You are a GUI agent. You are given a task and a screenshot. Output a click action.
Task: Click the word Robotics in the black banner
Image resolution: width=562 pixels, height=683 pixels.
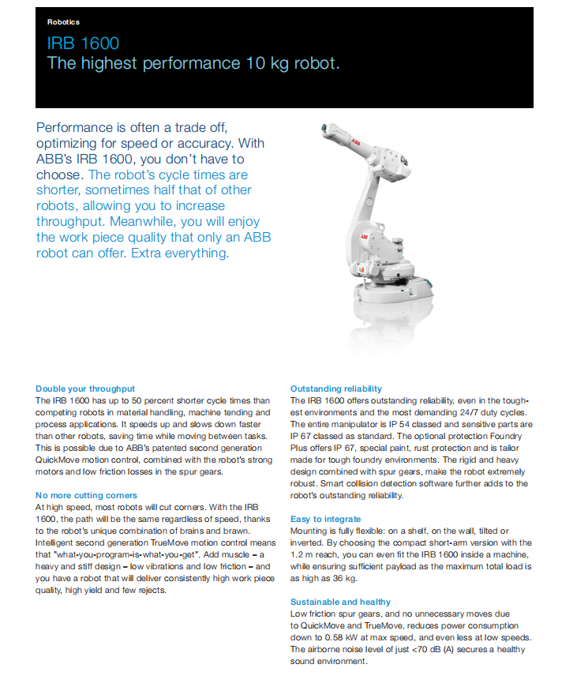pyautogui.click(x=63, y=22)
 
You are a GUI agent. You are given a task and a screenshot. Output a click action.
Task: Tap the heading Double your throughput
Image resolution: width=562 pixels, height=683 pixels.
pyautogui.click(x=85, y=388)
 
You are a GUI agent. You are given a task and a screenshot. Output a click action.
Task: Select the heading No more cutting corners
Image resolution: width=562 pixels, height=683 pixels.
pyautogui.click(x=87, y=495)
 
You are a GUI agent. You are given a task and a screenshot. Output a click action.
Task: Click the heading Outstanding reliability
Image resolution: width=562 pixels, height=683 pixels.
pyautogui.click(x=336, y=388)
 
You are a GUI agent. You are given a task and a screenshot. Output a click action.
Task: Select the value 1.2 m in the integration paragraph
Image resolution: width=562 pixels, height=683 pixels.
pyautogui.click(x=303, y=555)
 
